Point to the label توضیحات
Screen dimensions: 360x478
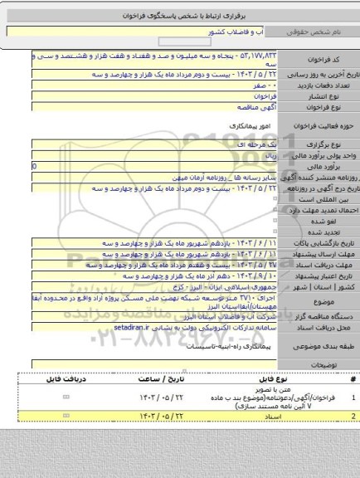(x=324, y=364)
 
